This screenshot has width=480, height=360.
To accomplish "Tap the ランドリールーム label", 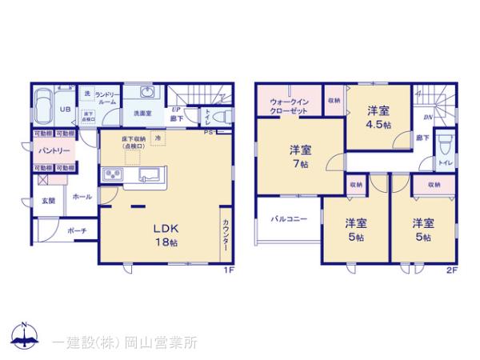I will [107, 99].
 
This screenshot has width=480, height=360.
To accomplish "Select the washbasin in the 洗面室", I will [145, 93].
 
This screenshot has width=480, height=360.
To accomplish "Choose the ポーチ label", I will [78, 231].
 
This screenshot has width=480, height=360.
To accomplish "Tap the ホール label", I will [82, 196].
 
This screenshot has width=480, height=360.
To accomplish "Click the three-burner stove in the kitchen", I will [110, 174].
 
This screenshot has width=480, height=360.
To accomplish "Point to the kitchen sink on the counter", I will [150, 174].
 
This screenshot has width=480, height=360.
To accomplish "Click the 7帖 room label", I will [299, 157].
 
